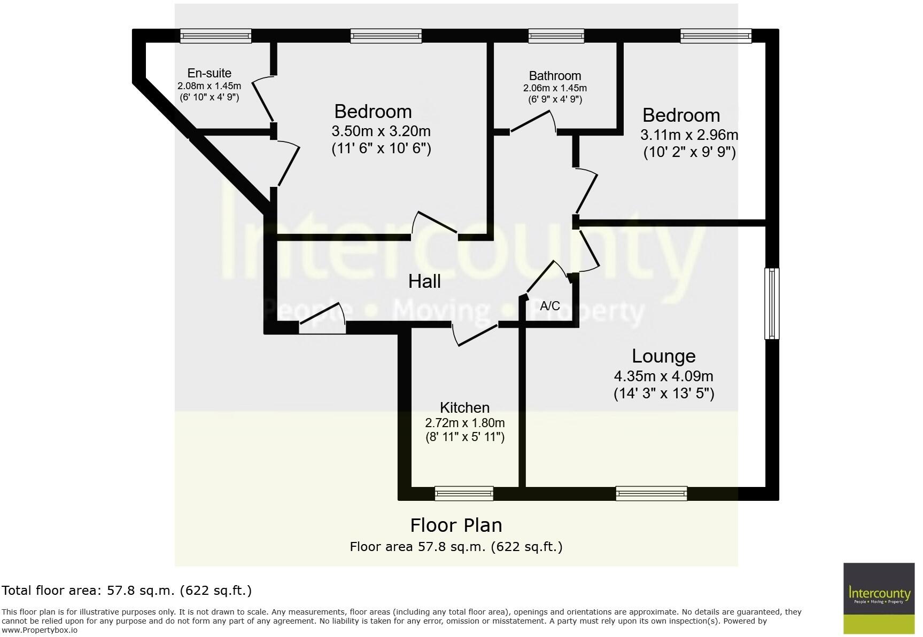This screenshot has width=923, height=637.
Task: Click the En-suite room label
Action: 209,73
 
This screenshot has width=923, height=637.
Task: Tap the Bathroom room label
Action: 555,76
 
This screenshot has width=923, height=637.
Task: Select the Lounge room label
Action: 663,356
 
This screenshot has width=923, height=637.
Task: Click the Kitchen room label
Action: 464,407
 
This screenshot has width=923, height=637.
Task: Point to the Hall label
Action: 424,281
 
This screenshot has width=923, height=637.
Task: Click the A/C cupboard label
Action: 550,306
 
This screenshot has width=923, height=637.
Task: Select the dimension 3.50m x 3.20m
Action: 381,131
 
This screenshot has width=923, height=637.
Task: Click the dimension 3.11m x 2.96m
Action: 689,135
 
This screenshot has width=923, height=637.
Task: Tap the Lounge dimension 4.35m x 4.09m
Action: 663,376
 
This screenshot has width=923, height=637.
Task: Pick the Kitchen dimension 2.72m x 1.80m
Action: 464,423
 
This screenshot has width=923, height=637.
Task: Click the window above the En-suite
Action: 215,36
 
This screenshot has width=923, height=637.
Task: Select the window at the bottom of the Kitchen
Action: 464,493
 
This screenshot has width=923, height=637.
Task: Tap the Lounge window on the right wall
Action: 772,303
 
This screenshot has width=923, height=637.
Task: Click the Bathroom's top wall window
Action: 556,36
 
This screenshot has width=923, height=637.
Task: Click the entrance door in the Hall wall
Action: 321,322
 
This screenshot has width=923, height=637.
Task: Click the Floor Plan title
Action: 456,525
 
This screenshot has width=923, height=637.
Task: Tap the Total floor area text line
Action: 127,591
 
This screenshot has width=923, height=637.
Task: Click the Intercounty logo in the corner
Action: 879,598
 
